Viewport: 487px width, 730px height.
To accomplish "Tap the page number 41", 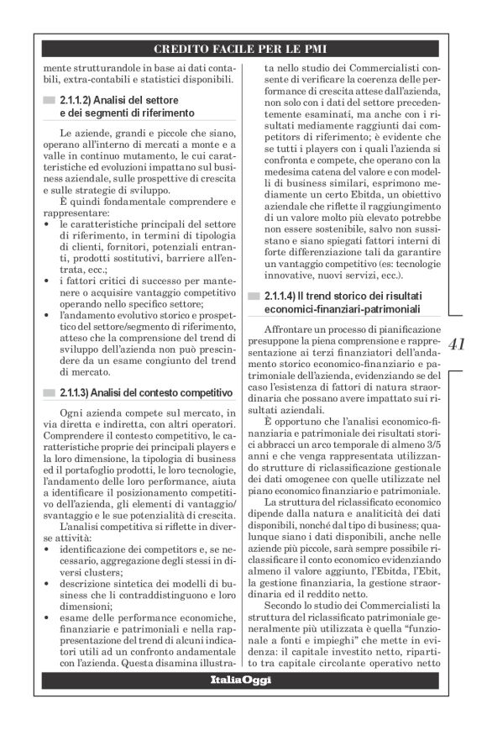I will point(457,344).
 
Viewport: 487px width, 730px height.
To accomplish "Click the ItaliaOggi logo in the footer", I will point(242,680).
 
